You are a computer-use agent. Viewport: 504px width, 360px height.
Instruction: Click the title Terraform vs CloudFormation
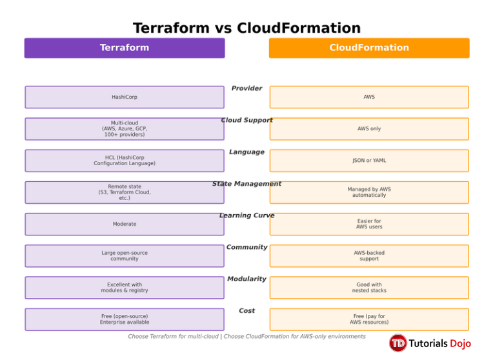(x=247, y=28)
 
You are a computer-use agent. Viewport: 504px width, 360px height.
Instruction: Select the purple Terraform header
(x=125, y=48)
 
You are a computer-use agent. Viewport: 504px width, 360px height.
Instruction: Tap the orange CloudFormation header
(x=369, y=48)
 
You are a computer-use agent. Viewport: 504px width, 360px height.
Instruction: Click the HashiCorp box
(x=125, y=97)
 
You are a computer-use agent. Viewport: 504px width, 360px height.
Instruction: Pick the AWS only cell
(x=369, y=129)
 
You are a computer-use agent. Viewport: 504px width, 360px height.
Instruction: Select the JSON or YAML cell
(x=369, y=161)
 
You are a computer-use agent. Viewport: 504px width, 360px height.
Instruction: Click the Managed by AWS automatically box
(x=369, y=192)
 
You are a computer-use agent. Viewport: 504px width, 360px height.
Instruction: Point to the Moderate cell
(x=125, y=224)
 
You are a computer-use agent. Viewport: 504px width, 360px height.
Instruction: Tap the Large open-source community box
(x=125, y=256)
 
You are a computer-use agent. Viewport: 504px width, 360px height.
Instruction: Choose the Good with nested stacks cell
(x=369, y=288)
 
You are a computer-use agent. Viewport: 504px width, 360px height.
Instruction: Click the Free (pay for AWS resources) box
(x=369, y=319)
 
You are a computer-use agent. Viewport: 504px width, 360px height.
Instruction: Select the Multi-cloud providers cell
(x=125, y=129)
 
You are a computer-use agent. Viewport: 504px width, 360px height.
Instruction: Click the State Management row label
(x=247, y=184)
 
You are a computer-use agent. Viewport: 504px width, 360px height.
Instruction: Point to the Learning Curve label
(x=247, y=215)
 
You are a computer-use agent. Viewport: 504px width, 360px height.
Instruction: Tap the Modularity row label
(x=247, y=279)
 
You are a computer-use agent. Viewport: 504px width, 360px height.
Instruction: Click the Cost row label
(x=247, y=311)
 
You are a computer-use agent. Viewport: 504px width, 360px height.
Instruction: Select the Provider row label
(x=247, y=88)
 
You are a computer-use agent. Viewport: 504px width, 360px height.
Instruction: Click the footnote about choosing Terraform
(x=247, y=337)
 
